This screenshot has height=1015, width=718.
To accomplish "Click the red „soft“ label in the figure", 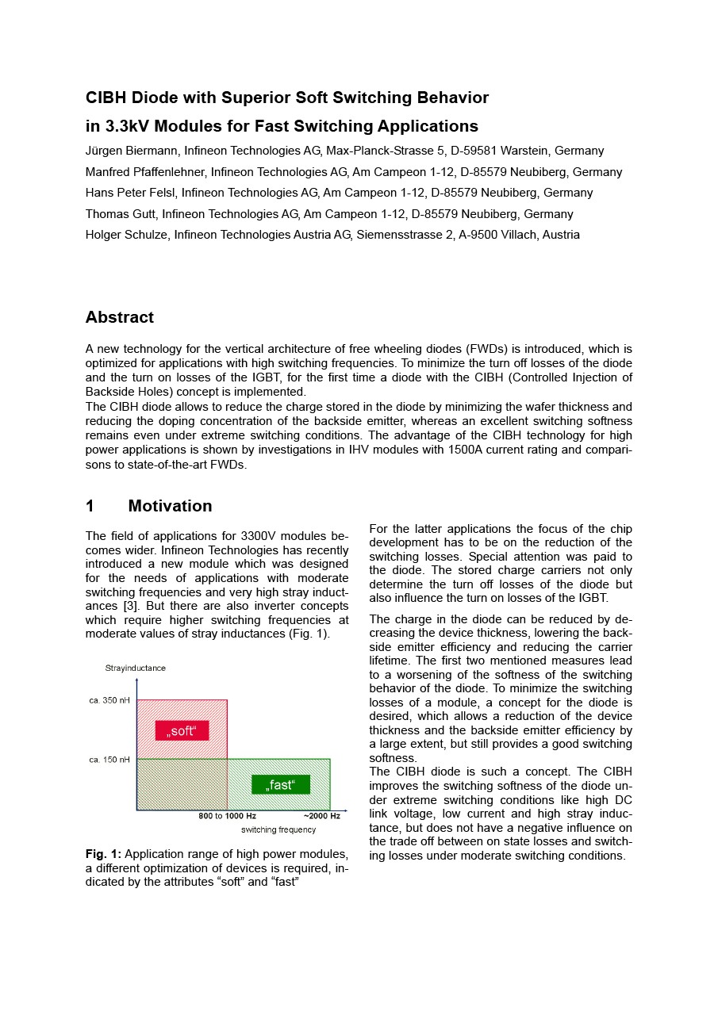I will (182, 730).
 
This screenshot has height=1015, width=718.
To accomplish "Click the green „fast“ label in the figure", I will (281, 784).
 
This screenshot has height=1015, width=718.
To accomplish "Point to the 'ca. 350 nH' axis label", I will (109, 700).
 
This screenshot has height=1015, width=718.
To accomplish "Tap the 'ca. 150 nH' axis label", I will (109, 760).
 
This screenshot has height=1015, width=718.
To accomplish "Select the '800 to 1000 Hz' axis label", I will (227, 815).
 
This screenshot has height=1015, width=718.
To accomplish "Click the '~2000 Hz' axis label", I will (321, 815).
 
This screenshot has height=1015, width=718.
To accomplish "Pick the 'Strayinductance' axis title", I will (136, 668).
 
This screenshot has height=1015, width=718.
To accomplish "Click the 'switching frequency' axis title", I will (278, 829).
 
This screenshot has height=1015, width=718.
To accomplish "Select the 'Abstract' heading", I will (120, 317).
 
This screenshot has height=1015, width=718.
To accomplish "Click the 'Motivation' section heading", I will (170, 506).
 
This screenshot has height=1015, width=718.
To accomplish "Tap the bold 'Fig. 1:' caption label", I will (103, 854).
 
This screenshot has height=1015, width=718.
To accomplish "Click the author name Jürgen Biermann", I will (131, 151).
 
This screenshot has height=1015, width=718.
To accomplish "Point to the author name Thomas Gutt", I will (123, 214).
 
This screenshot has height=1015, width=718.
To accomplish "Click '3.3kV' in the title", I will (129, 126).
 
